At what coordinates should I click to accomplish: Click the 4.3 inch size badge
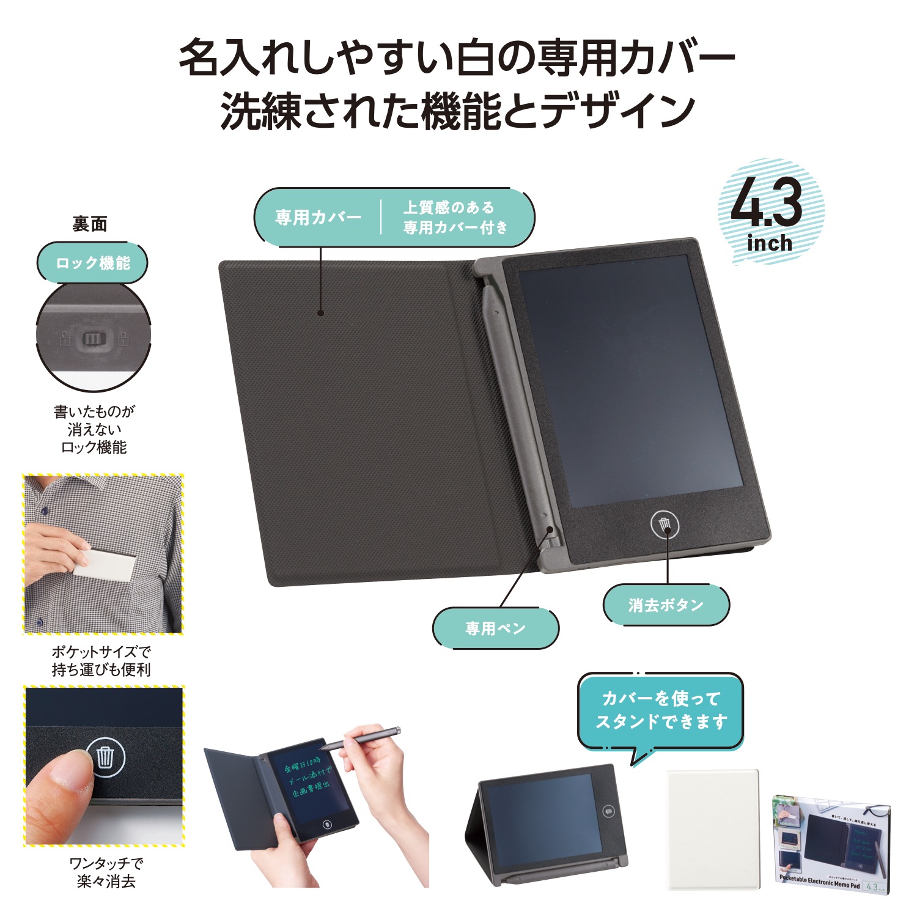770,212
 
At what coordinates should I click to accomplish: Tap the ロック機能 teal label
93,263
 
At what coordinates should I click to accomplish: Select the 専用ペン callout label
495,628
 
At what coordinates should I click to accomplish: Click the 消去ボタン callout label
666,605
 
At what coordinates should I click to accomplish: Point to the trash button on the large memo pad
665,525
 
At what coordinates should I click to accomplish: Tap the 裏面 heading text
90,224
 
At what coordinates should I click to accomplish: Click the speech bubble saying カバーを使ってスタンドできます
660,710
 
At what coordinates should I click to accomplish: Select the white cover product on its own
712,828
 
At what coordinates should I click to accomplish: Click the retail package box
831,844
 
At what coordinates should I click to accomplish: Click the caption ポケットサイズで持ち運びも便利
101,661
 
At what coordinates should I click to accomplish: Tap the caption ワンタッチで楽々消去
106,872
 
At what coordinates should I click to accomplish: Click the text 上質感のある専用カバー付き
455,218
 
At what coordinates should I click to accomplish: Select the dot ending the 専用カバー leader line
321,314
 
